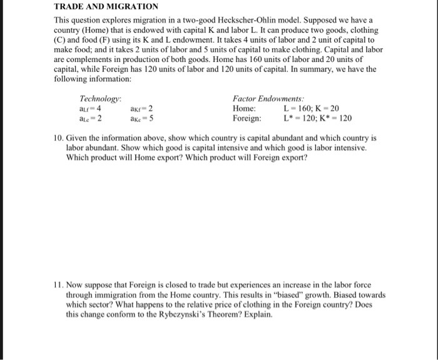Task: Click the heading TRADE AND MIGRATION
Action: pos(103,8)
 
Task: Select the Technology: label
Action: pos(100,99)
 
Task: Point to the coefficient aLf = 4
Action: pos(91,108)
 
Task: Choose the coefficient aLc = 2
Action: pos(91,118)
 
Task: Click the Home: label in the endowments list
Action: pos(244,108)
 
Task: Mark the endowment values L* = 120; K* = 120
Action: pos(317,118)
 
